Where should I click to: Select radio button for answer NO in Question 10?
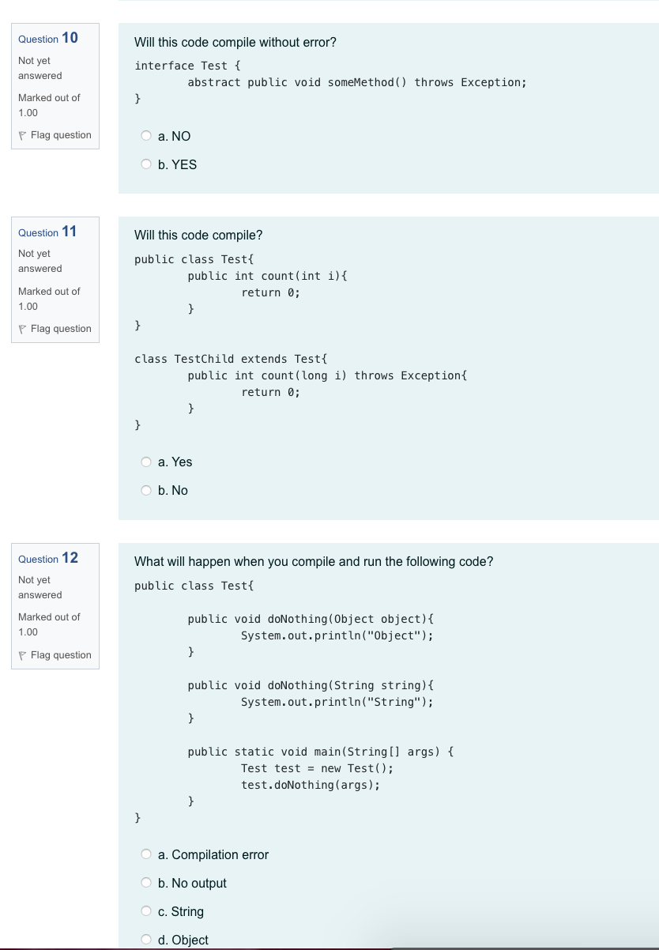click(146, 136)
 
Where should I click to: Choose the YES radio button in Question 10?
click(146, 164)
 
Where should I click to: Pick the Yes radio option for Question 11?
click(146, 462)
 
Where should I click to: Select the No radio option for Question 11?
click(146, 490)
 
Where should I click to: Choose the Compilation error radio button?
click(146, 854)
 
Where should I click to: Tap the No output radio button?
click(146, 883)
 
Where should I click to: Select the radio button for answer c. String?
click(146, 911)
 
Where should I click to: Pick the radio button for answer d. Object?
click(146, 940)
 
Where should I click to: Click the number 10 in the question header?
click(70, 38)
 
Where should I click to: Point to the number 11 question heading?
click(70, 232)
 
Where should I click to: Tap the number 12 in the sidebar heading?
click(70, 558)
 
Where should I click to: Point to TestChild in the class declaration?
click(204, 359)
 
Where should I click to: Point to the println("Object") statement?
click(337, 635)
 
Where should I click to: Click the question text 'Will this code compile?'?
click(198, 236)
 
